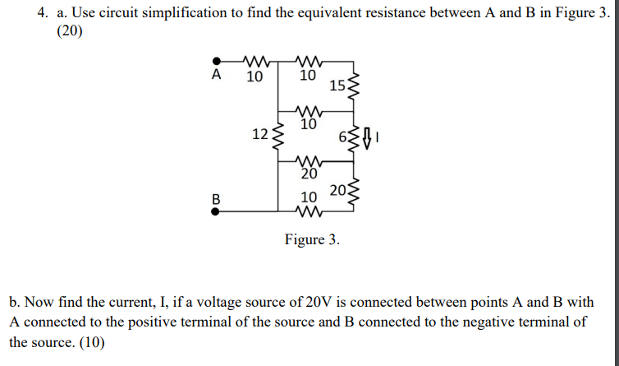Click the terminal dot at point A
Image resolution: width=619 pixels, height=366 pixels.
click(217, 60)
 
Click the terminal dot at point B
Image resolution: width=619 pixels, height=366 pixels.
click(217, 211)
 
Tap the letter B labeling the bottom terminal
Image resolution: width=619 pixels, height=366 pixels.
click(217, 197)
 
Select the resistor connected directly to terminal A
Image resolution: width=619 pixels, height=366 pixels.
click(254, 60)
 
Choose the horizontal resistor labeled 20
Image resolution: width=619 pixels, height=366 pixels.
click(309, 162)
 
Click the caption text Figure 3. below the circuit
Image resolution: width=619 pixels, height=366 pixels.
click(311, 240)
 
